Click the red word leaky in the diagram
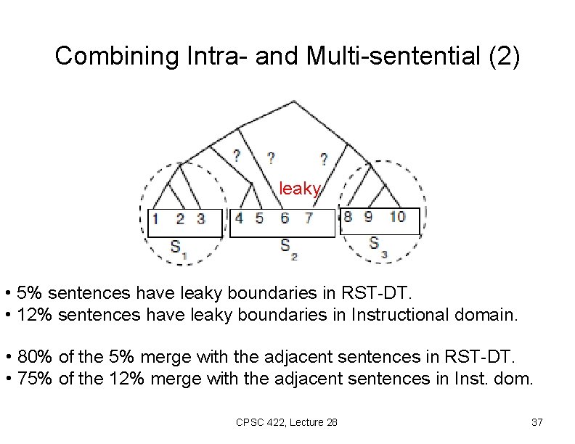coord(300,189)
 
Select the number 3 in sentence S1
coord(200,218)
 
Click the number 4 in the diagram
coord(240,218)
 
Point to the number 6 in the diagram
coord(285,218)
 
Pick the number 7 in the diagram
coord(309,218)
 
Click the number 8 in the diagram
coord(348,216)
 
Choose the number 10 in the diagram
coord(397,216)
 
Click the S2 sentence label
coord(289,247)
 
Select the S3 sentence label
coord(378,244)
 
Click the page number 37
coord(537,422)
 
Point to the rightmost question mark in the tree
coord(323,158)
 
